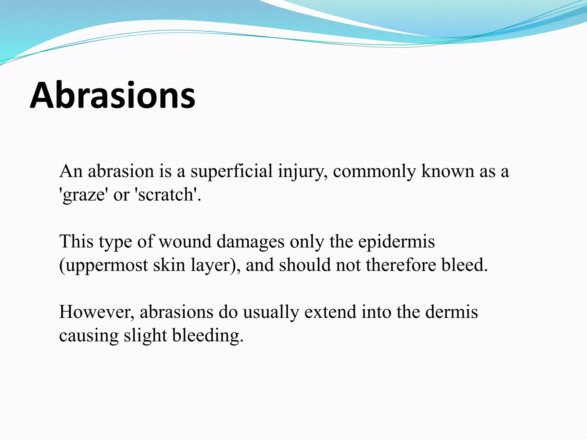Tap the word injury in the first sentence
[303, 171]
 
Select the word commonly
[374, 171]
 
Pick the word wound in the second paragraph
[185, 241]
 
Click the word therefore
[401, 265]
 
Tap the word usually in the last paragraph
[271, 312]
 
